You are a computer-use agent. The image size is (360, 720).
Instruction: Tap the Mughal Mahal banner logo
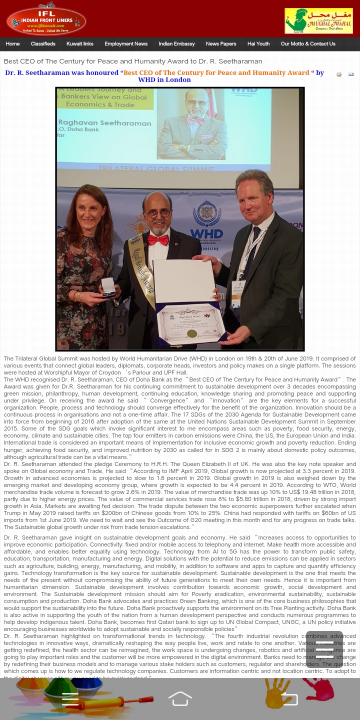318,21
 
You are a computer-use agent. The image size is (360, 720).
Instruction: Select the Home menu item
12,44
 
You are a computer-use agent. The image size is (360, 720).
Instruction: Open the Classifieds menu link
43,44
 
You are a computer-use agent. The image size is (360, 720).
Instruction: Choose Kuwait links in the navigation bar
80,44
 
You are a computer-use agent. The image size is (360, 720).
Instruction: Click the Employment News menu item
126,44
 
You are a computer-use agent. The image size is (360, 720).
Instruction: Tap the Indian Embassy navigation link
176,44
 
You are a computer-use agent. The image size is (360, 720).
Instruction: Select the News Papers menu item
221,44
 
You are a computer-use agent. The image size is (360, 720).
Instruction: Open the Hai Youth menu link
258,44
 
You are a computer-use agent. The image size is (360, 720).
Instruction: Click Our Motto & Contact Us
308,44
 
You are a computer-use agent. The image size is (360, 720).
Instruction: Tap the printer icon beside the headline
339,75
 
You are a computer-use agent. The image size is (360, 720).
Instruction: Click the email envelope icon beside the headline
351,75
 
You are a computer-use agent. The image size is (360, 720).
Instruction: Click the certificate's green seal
191,333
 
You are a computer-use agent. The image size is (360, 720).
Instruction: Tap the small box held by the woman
108,287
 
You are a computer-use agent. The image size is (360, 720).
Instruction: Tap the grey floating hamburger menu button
324,649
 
